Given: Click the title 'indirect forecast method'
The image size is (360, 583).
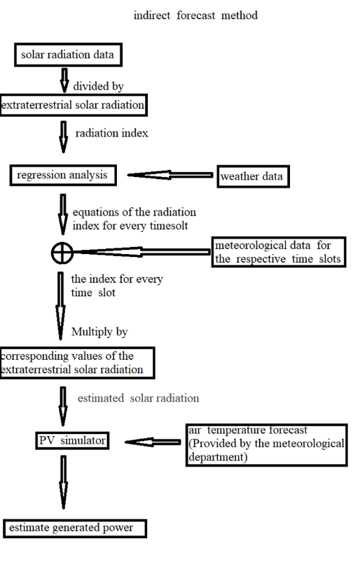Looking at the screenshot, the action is (195, 15).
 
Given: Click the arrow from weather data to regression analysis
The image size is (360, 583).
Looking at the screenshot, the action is (170, 175).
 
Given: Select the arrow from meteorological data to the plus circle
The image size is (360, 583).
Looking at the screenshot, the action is (142, 252).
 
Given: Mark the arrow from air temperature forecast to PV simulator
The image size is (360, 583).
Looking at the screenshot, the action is (153, 442).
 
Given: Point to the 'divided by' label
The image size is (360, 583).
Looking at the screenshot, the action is (98, 86).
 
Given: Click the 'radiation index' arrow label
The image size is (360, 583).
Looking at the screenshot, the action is (111, 133).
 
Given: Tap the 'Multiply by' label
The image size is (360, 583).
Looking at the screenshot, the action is (99, 332).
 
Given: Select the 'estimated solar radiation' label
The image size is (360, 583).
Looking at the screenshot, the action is (139, 398).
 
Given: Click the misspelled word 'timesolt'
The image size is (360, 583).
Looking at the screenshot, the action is (169, 225).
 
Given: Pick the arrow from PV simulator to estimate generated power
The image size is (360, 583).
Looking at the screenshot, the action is (64, 482).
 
